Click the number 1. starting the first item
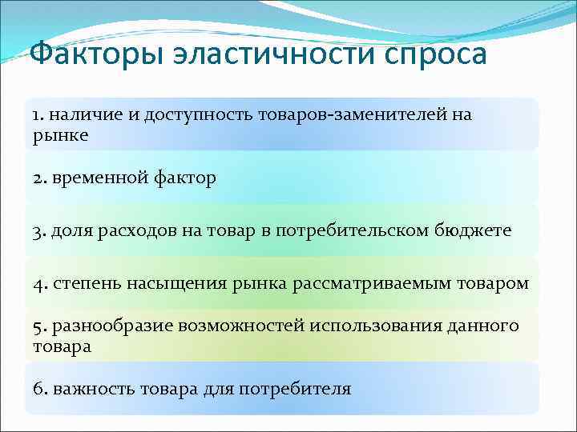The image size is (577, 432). [x=39, y=115]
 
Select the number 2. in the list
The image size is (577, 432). [x=40, y=178]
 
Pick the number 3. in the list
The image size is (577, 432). [x=40, y=231]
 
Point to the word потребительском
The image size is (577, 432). [x=353, y=231]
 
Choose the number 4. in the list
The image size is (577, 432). [x=40, y=284]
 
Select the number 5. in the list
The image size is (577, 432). [x=40, y=326]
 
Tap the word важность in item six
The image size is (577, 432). [x=90, y=390]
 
